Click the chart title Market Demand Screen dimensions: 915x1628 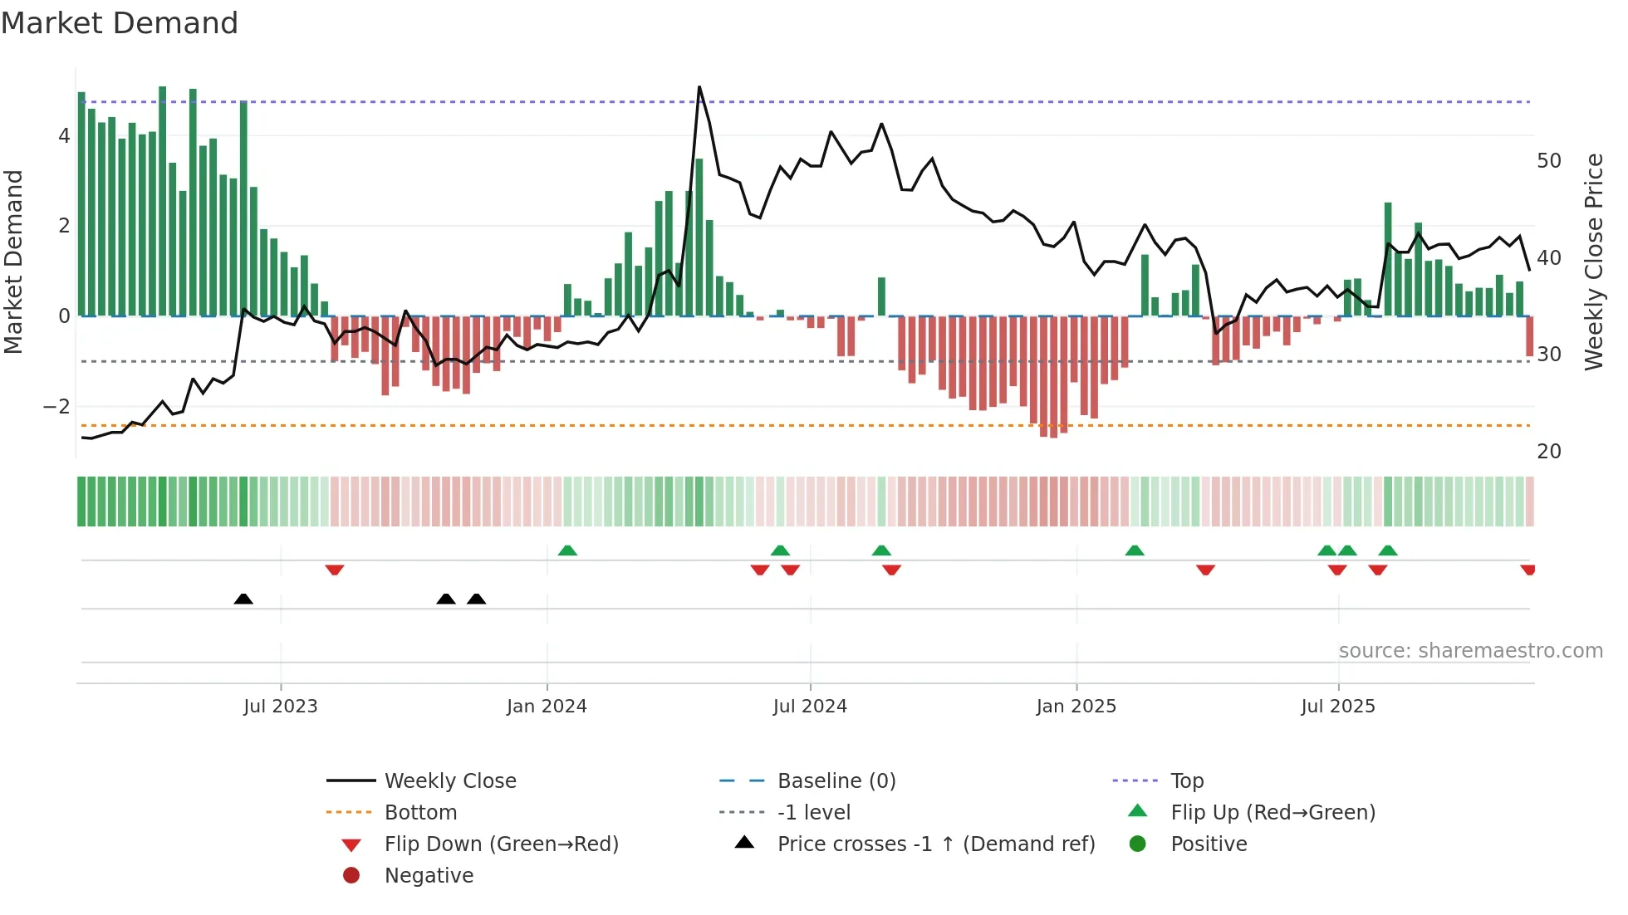[x=120, y=23]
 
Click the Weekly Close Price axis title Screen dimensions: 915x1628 [x=1593, y=262]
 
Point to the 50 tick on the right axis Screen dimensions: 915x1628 [x=1548, y=161]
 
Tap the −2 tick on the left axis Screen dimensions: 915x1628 [x=56, y=406]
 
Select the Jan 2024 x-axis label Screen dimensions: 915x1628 [x=547, y=706]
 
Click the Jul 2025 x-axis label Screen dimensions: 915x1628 [x=1337, y=706]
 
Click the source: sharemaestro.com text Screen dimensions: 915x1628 [x=1470, y=650]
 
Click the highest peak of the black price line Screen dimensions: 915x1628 [x=699, y=87]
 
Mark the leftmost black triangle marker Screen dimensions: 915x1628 [x=243, y=599]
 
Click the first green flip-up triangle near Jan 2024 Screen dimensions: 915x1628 [x=567, y=550]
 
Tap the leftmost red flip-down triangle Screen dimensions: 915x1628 [x=335, y=570]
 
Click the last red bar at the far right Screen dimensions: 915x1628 [x=1529, y=336]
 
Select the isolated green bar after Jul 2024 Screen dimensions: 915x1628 [x=881, y=296]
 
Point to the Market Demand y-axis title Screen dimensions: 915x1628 [x=13, y=262]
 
